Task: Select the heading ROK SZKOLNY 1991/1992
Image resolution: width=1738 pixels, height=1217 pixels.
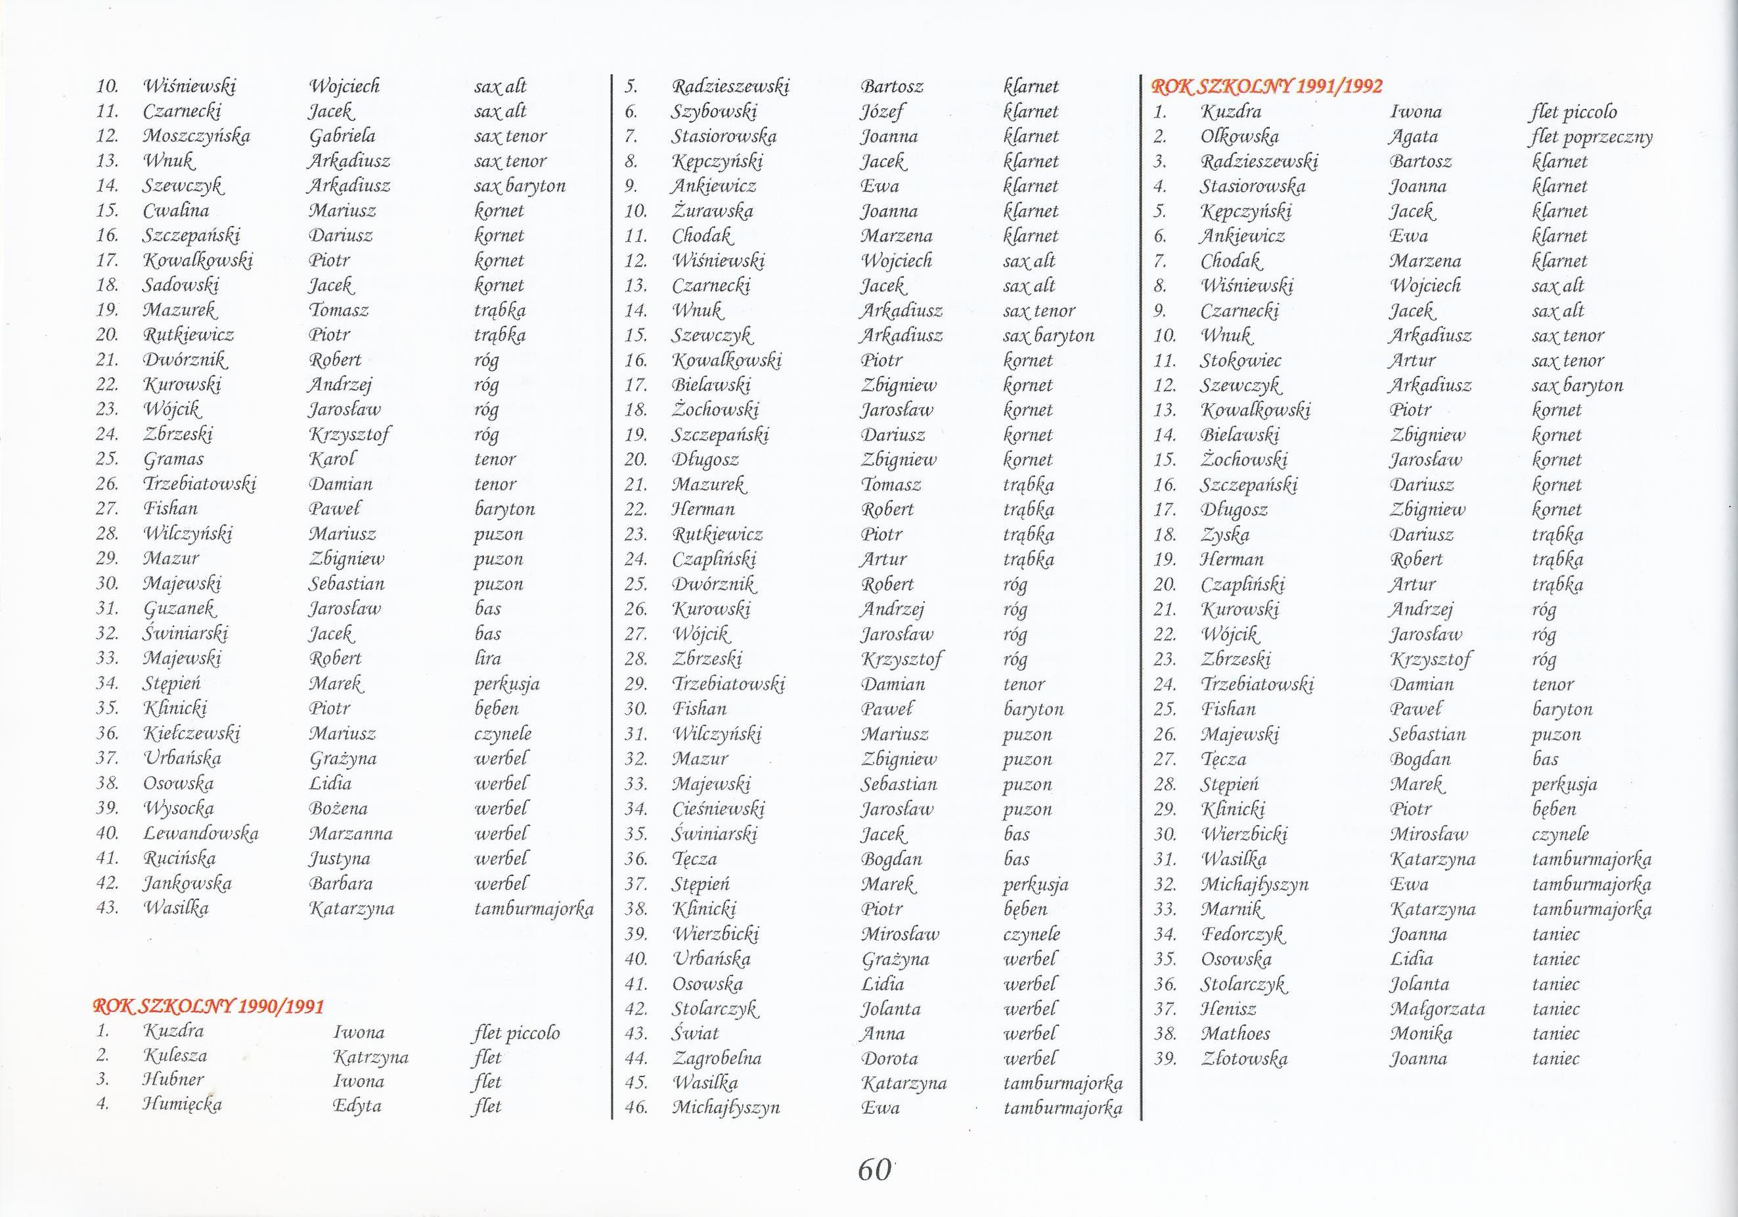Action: [x=1266, y=86]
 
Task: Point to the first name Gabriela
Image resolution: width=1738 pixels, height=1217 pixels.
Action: [x=342, y=136]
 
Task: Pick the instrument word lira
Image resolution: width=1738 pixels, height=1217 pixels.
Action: [x=487, y=657]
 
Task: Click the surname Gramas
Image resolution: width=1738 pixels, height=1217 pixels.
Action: [x=173, y=459]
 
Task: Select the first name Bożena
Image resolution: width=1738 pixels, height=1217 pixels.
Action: [x=338, y=808]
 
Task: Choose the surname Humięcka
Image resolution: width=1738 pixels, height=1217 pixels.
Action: [x=182, y=1104]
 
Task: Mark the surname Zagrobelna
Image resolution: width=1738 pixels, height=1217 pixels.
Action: [x=716, y=1058]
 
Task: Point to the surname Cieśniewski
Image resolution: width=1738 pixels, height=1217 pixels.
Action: [x=718, y=809]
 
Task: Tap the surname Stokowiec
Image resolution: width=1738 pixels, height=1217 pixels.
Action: [x=1240, y=361]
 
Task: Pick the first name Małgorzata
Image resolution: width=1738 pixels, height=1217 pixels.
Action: [x=1437, y=1009]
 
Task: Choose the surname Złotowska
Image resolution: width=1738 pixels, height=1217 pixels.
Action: [x=1243, y=1059]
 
